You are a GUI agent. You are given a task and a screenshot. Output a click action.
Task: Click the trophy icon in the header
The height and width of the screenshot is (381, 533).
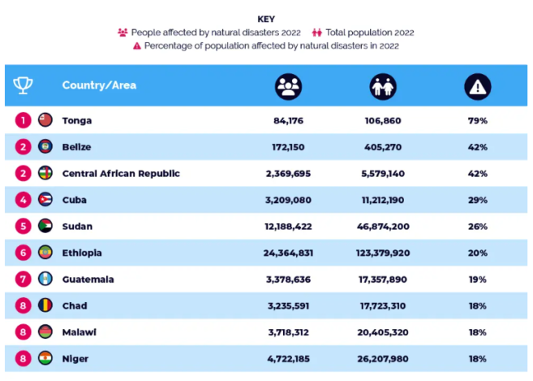[x=24, y=85]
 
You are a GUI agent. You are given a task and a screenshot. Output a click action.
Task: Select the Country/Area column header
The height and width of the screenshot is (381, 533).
[x=99, y=85]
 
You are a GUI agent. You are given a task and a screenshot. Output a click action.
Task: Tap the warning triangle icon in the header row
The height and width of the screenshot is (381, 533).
[x=477, y=86]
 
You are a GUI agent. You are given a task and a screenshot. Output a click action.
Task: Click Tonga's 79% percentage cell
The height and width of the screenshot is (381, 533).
[x=477, y=120]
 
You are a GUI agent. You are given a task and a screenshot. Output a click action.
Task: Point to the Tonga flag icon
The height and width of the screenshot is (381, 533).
[x=45, y=120]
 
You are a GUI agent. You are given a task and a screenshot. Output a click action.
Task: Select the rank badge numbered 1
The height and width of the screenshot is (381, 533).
[x=24, y=120]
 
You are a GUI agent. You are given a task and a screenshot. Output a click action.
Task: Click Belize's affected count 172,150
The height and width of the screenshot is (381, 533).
[x=288, y=147]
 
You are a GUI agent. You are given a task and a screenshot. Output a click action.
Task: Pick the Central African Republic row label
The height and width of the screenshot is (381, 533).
[x=121, y=173]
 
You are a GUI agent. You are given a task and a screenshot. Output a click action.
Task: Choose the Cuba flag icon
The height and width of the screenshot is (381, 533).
[x=45, y=200]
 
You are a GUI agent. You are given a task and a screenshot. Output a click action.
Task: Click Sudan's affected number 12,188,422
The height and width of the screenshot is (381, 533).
[x=288, y=227]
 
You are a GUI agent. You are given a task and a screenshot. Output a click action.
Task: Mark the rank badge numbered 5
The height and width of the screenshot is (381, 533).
[x=24, y=227]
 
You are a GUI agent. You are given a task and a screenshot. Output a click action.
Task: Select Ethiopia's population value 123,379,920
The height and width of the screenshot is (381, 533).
[x=382, y=253]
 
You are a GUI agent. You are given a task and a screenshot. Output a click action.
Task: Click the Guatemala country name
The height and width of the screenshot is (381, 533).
[x=88, y=279]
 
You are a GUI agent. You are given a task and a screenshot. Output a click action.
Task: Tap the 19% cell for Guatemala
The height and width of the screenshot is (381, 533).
[x=477, y=279]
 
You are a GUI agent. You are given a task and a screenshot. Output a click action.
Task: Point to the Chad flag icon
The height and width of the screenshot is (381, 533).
[x=45, y=305]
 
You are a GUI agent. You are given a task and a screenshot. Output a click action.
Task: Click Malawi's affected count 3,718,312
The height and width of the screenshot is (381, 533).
[x=288, y=332]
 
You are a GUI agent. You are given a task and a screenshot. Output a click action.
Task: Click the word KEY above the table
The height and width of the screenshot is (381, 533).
[x=266, y=19]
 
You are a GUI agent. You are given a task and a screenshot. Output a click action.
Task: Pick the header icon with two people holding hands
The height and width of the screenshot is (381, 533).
[x=383, y=86]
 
